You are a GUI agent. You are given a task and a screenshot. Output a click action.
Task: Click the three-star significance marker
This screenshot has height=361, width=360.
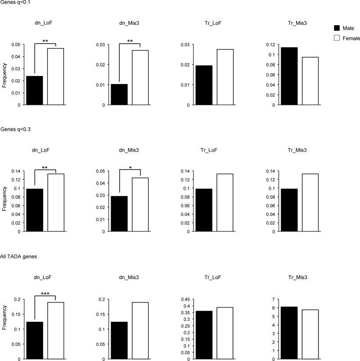[45, 294]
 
